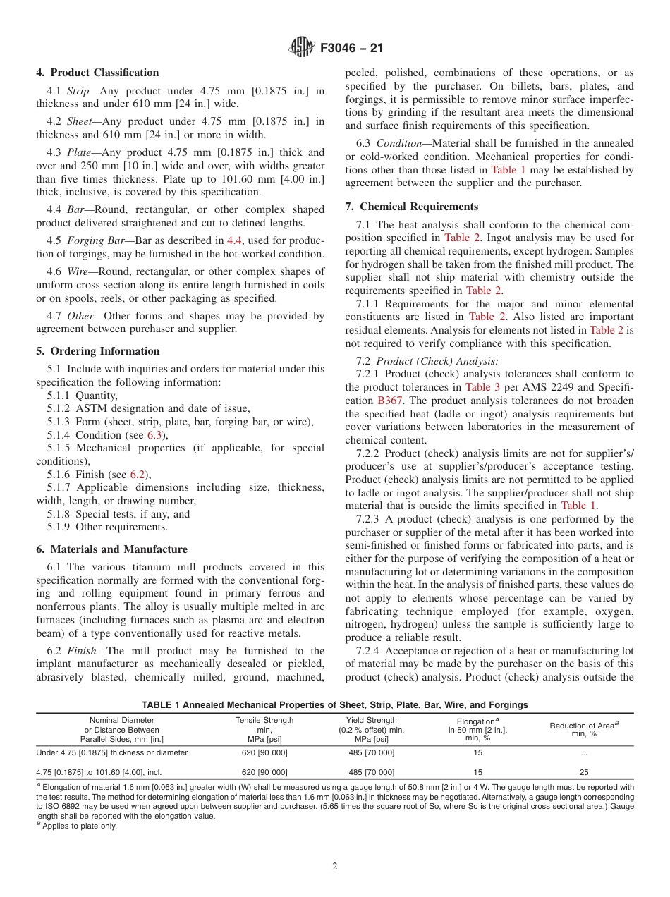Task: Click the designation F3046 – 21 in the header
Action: tap(351, 49)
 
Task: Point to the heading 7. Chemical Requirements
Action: tap(411, 207)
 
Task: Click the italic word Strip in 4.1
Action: tap(80, 91)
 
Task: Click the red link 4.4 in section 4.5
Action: tap(233, 241)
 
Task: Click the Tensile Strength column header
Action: tap(264, 720)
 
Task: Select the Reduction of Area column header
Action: tap(583, 725)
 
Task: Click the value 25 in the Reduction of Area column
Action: tap(583, 772)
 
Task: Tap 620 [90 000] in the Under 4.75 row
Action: tap(264, 752)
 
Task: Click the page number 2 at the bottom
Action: tap(335, 867)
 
